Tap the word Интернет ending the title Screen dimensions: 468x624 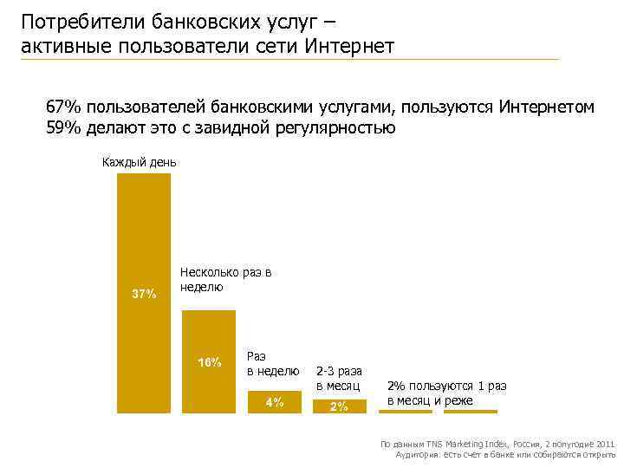pos(351,45)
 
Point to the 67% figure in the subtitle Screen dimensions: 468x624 pos(63,107)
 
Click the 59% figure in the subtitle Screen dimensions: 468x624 pos(63,128)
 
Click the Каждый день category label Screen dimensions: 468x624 pos(140,162)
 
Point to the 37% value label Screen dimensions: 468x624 pos(144,294)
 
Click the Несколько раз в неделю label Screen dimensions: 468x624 pos(225,280)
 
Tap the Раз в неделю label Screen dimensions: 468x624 pos(272,364)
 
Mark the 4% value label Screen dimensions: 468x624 pos(274,402)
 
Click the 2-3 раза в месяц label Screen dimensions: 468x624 pos(339,378)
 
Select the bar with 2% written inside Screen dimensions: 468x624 pos(339,406)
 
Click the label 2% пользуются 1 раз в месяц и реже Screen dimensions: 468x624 pos(446,393)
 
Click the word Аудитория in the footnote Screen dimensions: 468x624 pos(418,454)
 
